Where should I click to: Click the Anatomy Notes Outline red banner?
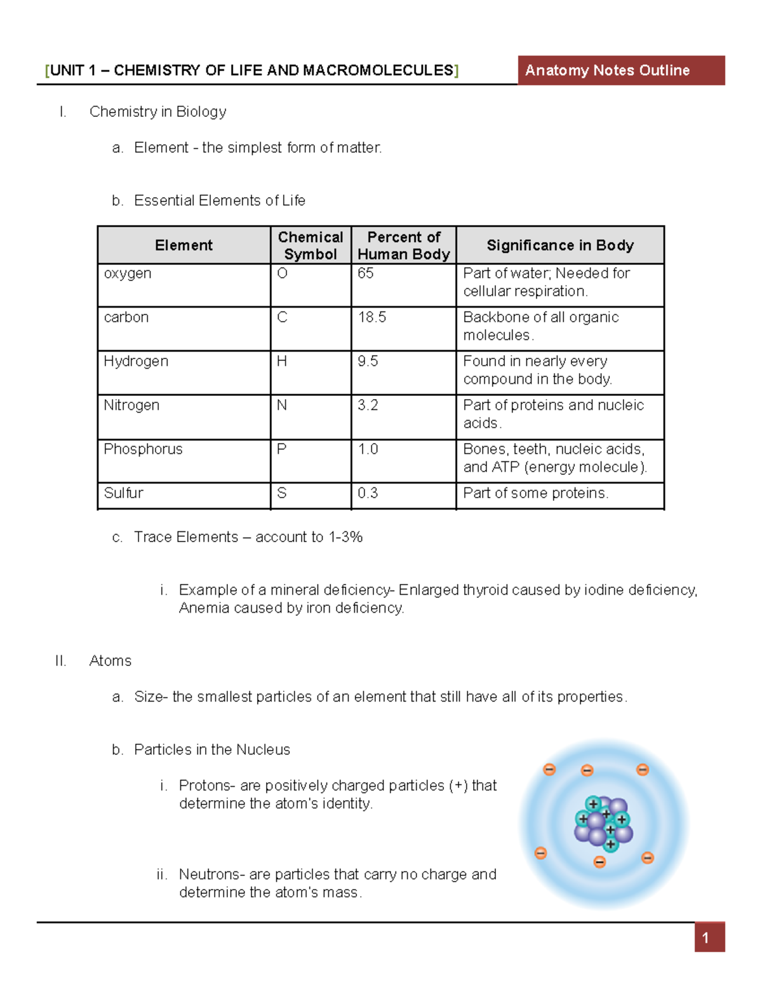pyautogui.click(x=620, y=71)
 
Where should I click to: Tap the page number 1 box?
pyautogui.click(x=709, y=938)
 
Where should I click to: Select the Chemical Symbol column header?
pyautogui.click(x=311, y=245)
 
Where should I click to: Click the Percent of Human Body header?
pyautogui.click(x=403, y=245)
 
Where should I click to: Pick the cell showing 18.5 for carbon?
pyautogui.click(x=372, y=317)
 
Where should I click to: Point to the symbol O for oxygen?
pyautogui.click(x=283, y=273)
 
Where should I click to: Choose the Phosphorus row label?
pyautogui.click(x=143, y=449)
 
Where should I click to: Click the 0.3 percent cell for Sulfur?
pyautogui.click(x=368, y=493)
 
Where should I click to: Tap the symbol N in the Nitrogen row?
pyautogui.click(x=282, y=405)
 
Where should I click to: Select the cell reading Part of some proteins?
pyautogui.click(x=535, y=493)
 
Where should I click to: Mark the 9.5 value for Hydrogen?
pyautogui.click(x=368, y=362)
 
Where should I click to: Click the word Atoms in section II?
pyautogui.click(x=110, y=661)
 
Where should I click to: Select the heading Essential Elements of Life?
pyautogui.click(x=219, y=201)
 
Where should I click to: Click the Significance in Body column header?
pyautogui.click(x=560, y=245)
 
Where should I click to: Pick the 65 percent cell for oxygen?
pyautogui.click(x=366, y=273)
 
